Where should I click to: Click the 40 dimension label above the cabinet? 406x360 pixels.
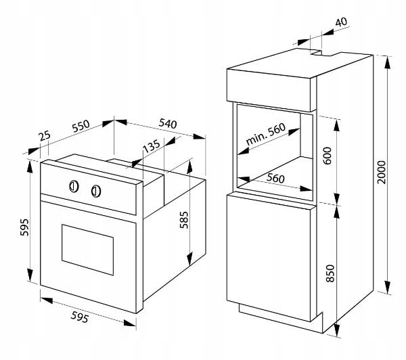(341, 22)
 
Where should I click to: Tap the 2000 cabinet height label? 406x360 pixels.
(381, 173)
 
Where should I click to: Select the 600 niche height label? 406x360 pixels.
(328, 156)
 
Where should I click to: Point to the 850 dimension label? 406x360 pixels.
(330, 273)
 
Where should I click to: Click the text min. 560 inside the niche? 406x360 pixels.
(266, 134)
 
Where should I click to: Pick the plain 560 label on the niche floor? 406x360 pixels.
(275, 178)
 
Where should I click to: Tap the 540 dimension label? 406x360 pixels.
(168, 124)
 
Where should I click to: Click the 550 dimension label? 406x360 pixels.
(81, 126)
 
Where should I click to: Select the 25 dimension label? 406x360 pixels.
(45, 136)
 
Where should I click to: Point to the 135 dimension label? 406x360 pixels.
(152, 146)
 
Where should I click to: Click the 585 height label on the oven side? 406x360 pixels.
(184, 220)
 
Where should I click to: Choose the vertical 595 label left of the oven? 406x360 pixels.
(24, 227)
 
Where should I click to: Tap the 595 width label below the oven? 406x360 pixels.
(80, 317)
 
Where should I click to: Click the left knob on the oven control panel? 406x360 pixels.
(74, 186)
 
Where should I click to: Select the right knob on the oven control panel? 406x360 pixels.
(96, 191)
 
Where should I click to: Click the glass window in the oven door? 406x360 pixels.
(87, 250)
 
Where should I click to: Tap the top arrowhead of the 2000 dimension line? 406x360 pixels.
(388, 62)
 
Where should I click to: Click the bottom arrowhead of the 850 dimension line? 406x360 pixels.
(337, 330)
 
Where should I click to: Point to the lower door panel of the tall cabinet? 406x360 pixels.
(269, 258)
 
